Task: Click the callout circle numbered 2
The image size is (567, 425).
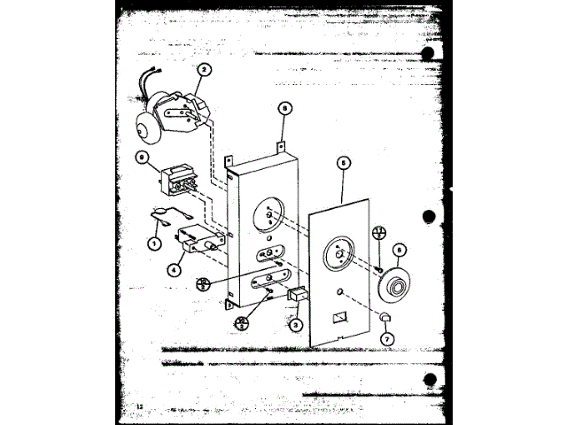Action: (x=205, y=69)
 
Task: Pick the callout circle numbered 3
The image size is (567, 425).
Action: (x=297, y=325)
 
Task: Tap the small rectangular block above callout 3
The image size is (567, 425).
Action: (x=299, y=295)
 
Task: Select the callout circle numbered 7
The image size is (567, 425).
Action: (x=386, y=338)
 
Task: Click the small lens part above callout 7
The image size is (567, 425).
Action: (x=384, y=317)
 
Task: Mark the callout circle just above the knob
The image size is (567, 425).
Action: (x=400, y=250)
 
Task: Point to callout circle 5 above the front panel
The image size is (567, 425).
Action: (x=343, y=162)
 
